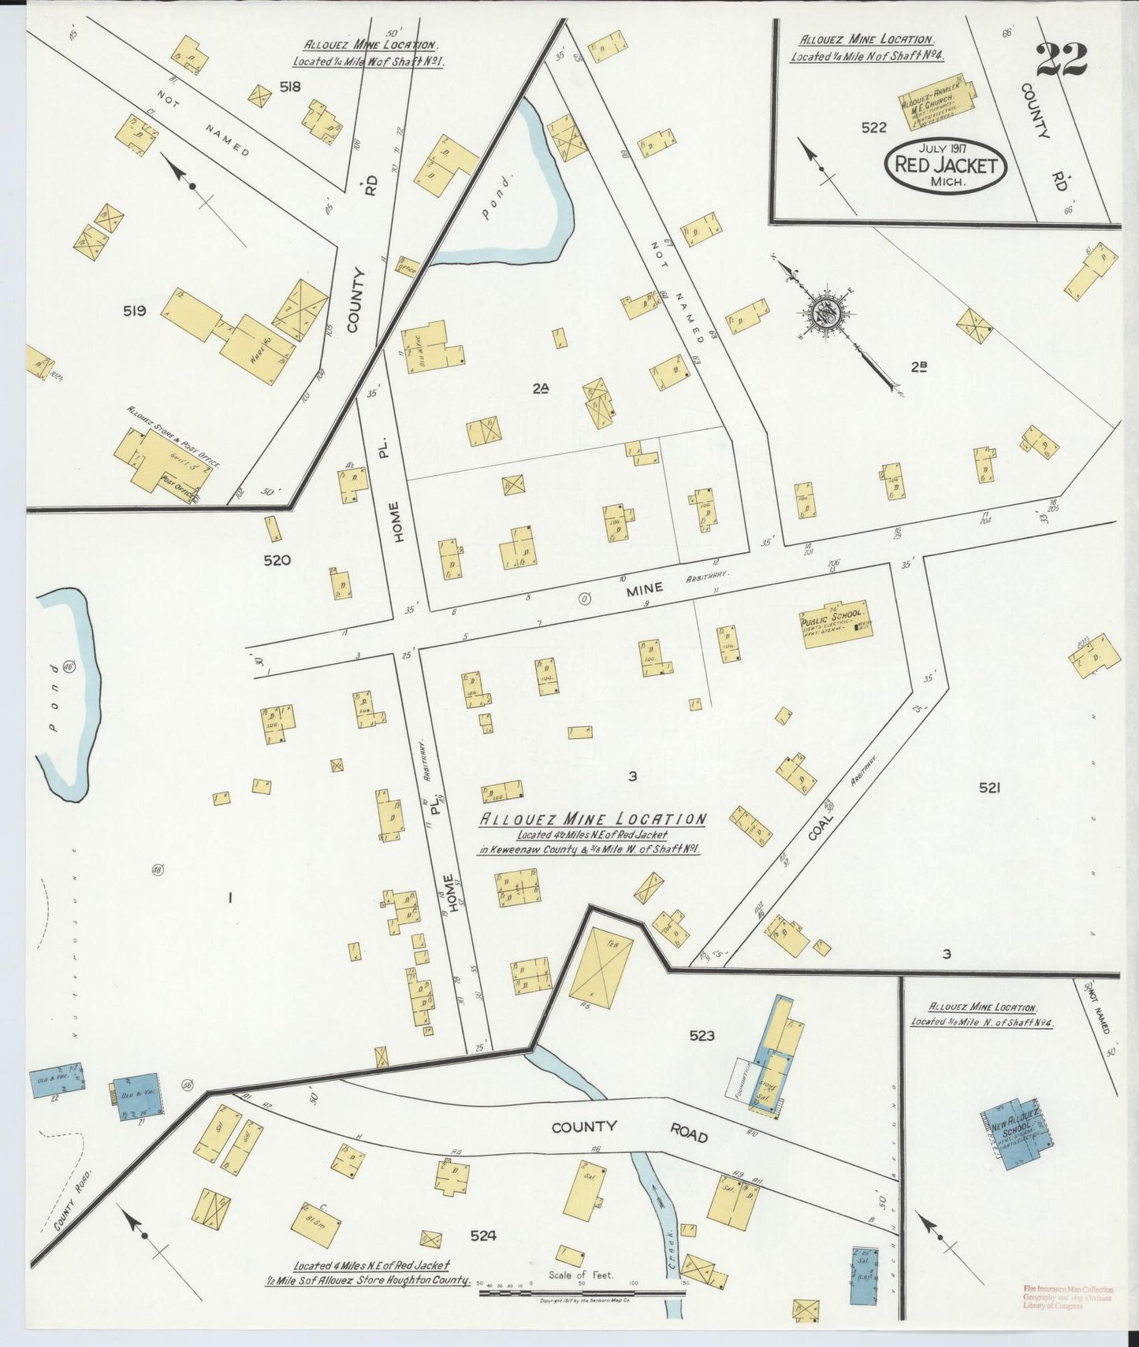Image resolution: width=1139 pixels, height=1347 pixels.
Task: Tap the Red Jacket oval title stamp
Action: tap(947, 166)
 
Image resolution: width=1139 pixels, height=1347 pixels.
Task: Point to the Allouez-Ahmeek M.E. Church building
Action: tap(936, 102)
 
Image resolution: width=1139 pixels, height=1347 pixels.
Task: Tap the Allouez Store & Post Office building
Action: tap(162, 466)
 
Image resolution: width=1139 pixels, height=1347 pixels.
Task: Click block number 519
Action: tap(134, 311)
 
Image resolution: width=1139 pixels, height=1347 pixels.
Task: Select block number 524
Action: tap(483, 1236)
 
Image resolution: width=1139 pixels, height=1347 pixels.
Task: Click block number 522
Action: tap(873, 128)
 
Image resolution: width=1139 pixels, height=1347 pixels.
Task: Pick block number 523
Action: tap(701, 1035)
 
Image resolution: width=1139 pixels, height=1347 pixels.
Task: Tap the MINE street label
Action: tap(644, 588)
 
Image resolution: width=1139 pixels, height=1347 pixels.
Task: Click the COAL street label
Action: tap(821, 826)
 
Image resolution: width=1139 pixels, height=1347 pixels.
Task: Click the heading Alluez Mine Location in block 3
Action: tap(593, 819)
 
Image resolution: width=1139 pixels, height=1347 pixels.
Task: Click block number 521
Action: tap(989, 787)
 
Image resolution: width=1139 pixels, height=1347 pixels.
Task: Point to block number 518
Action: tap(290, 87)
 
